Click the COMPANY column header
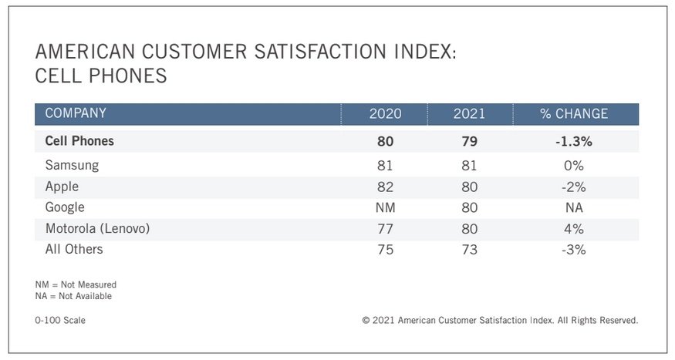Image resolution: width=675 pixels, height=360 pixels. (76, 114)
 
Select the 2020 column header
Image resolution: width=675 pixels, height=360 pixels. (386, 114)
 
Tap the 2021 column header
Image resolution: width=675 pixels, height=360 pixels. (469, 114)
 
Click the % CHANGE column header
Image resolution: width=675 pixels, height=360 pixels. (573, 114)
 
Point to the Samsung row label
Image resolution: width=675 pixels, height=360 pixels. (72, 166)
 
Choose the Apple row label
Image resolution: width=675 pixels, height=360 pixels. (62, 187)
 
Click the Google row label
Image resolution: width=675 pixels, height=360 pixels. (65, 207)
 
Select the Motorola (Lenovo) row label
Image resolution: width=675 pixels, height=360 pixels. (97, 228)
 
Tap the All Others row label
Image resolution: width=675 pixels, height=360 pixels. (74, 249)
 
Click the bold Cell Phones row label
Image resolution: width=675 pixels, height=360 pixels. (79, 141)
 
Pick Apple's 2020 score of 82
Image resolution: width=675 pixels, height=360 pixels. (386, 187)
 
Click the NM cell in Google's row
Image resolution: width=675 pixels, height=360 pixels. (386, 207)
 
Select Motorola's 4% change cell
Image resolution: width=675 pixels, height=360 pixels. (573, 228)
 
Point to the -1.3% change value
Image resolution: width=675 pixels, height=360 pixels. (573, 141)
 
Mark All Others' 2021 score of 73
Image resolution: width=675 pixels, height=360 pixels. (469, 249)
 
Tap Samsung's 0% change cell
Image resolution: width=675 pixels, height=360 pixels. (573, 166)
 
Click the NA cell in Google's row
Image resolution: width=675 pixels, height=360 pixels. (573, 207)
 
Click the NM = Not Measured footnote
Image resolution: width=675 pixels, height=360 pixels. (76, 284)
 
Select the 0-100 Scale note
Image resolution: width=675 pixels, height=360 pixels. (60, 320)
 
